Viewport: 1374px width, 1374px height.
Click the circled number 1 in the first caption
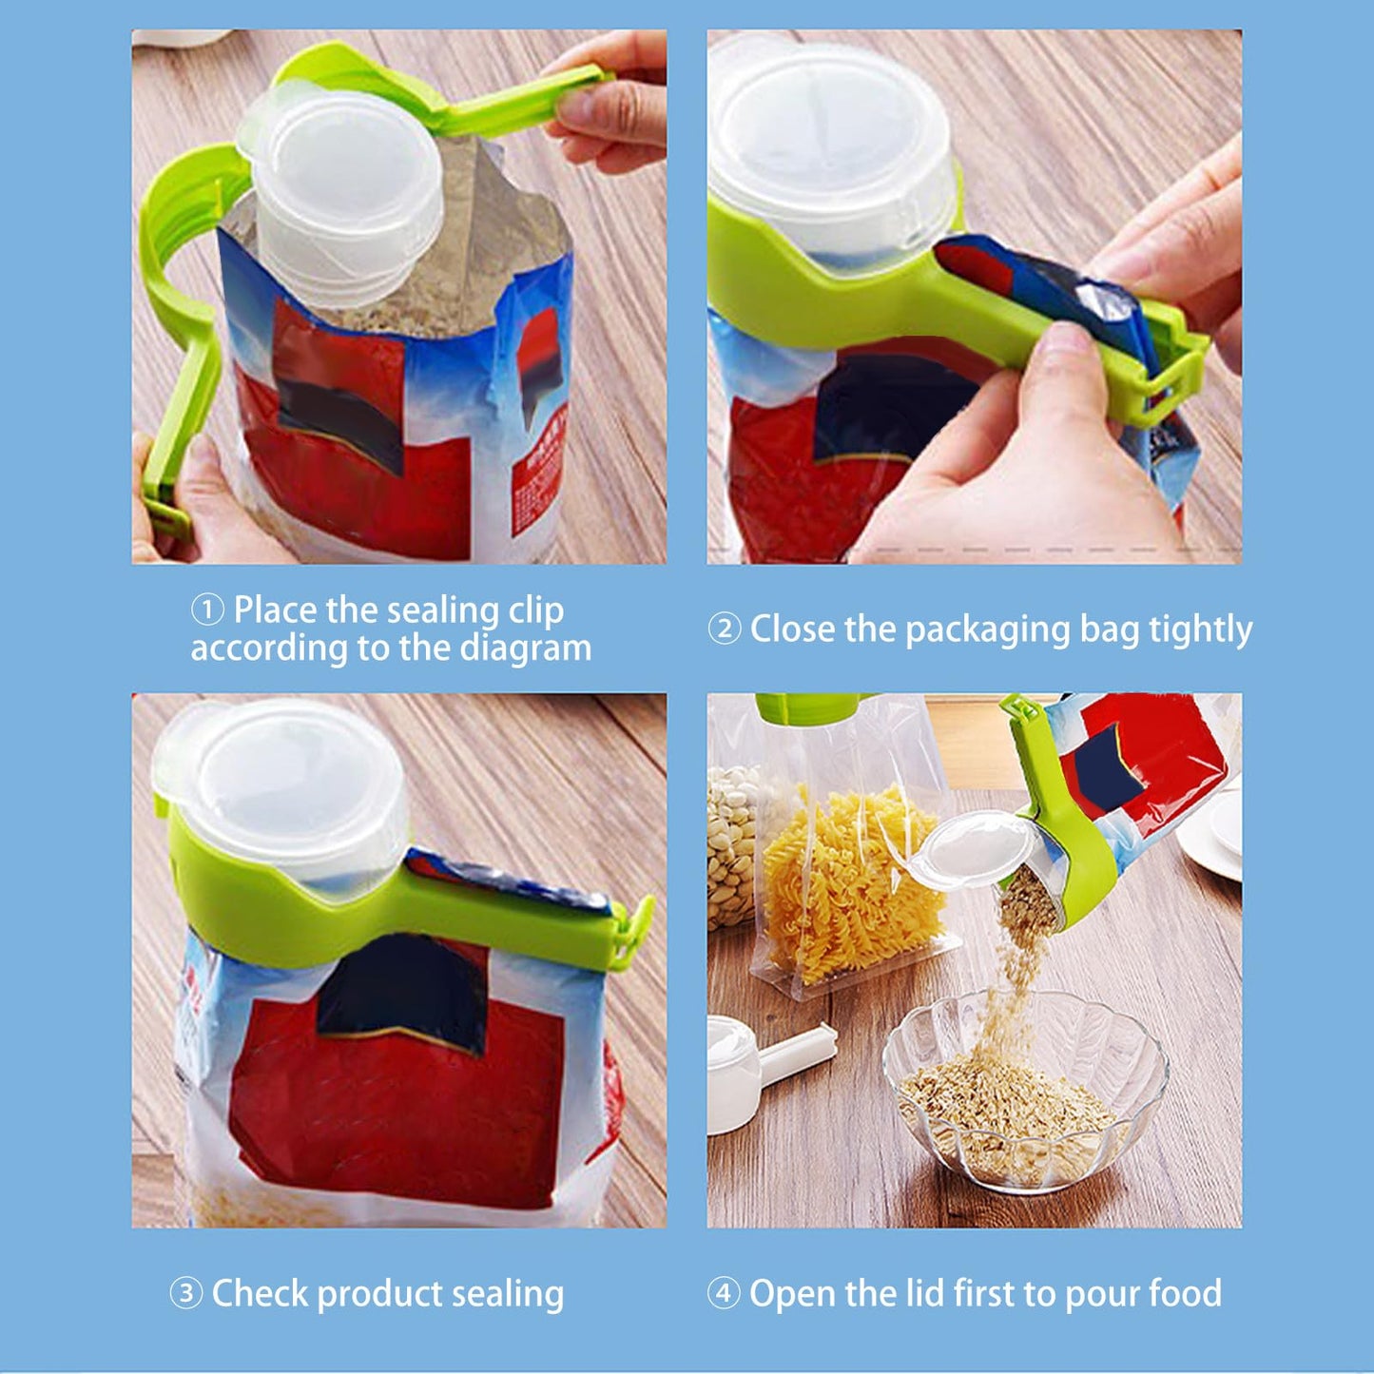point(207,610)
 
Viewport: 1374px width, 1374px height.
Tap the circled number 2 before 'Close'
point(724,629)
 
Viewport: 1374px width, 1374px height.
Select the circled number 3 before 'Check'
point(185,1293)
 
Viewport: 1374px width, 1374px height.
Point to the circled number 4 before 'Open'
point(724,1293)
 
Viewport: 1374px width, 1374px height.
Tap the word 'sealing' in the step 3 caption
point(507,1294)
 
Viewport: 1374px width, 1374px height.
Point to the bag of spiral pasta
point(851,884)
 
